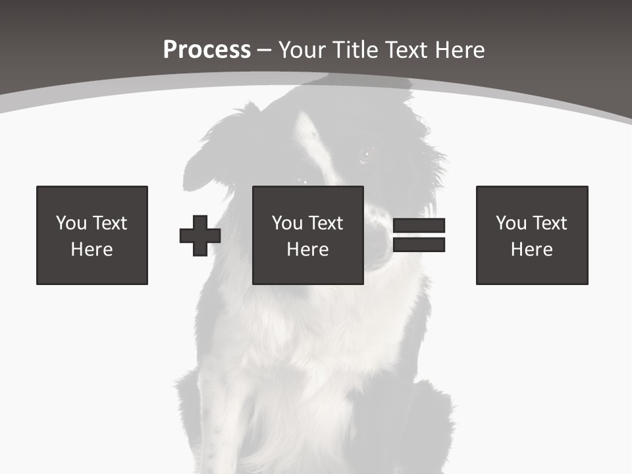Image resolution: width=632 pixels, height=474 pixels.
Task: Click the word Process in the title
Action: [207, 50]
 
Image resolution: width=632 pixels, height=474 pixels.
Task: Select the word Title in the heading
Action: [356, 50]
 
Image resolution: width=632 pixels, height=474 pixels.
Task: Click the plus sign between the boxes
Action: [200, 236]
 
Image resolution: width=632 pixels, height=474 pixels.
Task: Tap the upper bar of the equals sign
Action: [419, 226]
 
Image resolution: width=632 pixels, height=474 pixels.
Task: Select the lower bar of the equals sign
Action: [419, 245]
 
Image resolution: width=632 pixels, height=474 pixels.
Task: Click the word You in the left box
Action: [72, 223]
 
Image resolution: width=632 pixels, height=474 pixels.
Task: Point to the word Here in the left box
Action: [92, 250]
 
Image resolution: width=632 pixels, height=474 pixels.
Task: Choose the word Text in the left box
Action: [109, 223]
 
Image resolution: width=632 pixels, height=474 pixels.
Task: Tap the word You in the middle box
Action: [288, 223]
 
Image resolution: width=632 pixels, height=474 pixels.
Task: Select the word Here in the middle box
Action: [307, 250]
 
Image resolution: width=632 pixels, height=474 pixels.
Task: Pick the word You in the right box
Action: [512, 223]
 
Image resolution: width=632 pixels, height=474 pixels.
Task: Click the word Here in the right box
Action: [531, 250]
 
